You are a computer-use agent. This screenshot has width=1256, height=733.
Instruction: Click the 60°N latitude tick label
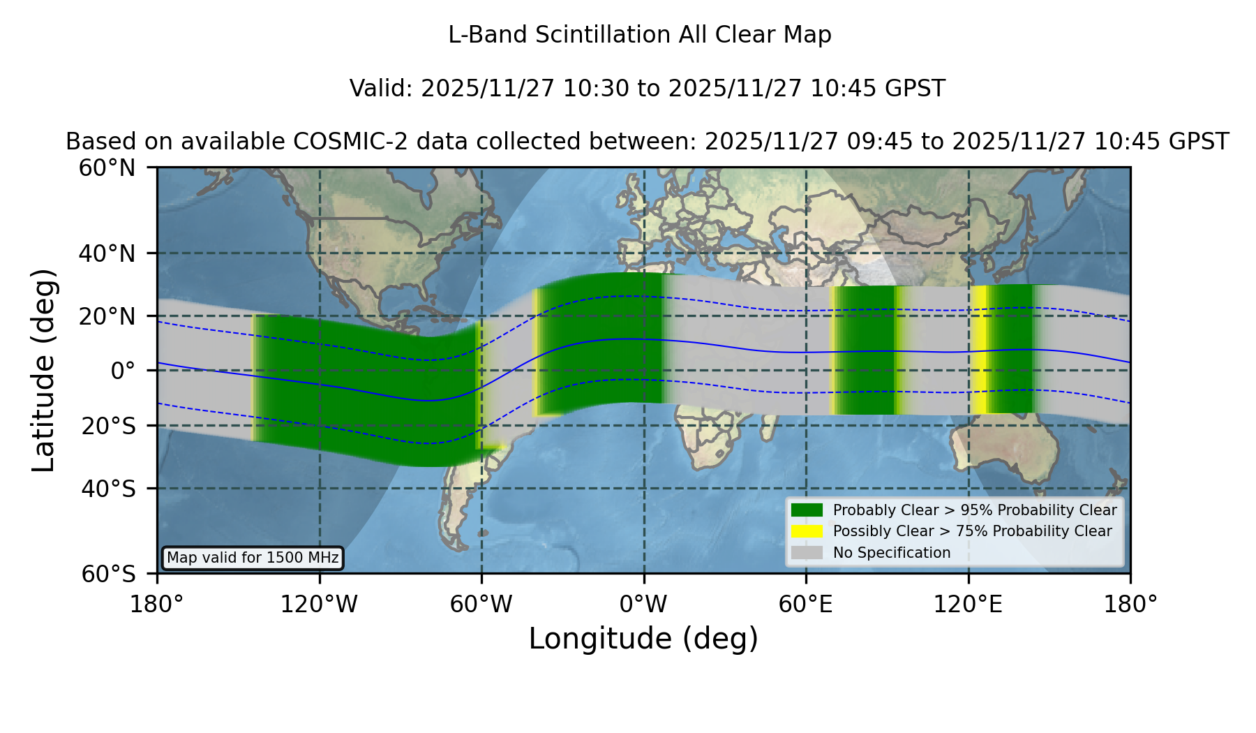pyautogui.click(x=107, y=168)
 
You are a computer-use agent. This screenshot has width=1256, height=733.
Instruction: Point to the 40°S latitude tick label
pyautogui.click(x=107, y=489)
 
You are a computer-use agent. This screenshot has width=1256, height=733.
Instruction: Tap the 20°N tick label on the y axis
pyautogui.click(x=107, y=316)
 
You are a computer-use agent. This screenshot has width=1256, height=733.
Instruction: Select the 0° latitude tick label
pyautogui.click(x=123, y=371)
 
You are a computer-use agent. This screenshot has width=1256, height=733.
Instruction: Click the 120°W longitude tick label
pyautogui.click(x=319, y=604)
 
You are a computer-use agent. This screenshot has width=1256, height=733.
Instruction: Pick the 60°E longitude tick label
pyautogui.click(x=806, y=604)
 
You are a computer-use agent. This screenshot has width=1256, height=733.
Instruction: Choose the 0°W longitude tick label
pyautogui.click(x=643, y=604)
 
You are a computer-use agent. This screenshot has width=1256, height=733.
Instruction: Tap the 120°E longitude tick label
pyautogui.click(x=968, y=604)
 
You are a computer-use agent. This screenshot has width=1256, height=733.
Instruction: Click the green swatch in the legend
pyautogui.click(x=807, y=510)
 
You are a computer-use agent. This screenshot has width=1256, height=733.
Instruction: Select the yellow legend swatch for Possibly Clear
pyautogui.click(x=807, y=531)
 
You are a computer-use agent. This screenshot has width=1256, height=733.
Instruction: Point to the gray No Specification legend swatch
pyautogui.click(x=807, y=553)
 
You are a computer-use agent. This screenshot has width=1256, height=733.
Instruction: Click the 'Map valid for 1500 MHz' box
pyautogui.click(x=253, y=558)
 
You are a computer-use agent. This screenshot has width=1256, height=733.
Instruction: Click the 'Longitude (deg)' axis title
pyautogui.click(x=643, y=639)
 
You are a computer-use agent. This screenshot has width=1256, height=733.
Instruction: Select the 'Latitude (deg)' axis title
pyautogui.click(x=44, y=370)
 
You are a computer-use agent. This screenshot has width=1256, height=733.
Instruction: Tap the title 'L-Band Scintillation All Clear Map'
pyautogui.click(x=640, y=35)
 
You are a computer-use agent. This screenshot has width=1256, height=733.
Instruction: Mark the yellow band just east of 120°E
pyautogui.click(x=979, y=349)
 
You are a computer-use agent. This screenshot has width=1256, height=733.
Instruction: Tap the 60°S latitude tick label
pyautogui.click(x=108, y=575)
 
